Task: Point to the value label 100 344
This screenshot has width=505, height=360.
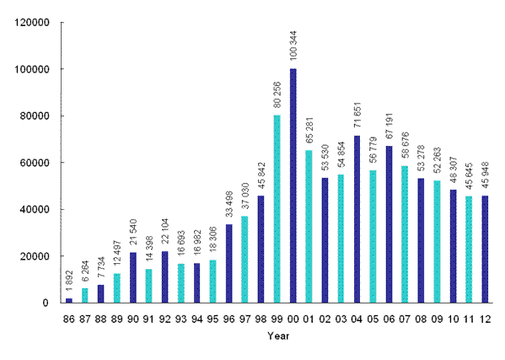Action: coord(293,48)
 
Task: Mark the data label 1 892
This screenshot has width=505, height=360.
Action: coord(69,282)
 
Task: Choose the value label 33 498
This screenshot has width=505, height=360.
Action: coord(229,207)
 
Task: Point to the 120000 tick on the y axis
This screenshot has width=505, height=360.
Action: coord(31,23)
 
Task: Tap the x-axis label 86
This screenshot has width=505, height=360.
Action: coord(69,319)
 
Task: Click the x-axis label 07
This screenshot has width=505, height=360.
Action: coord(406,319)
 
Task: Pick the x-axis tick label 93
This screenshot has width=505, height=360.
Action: coord(181,319)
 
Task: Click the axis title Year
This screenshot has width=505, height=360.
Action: coord(277,336)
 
